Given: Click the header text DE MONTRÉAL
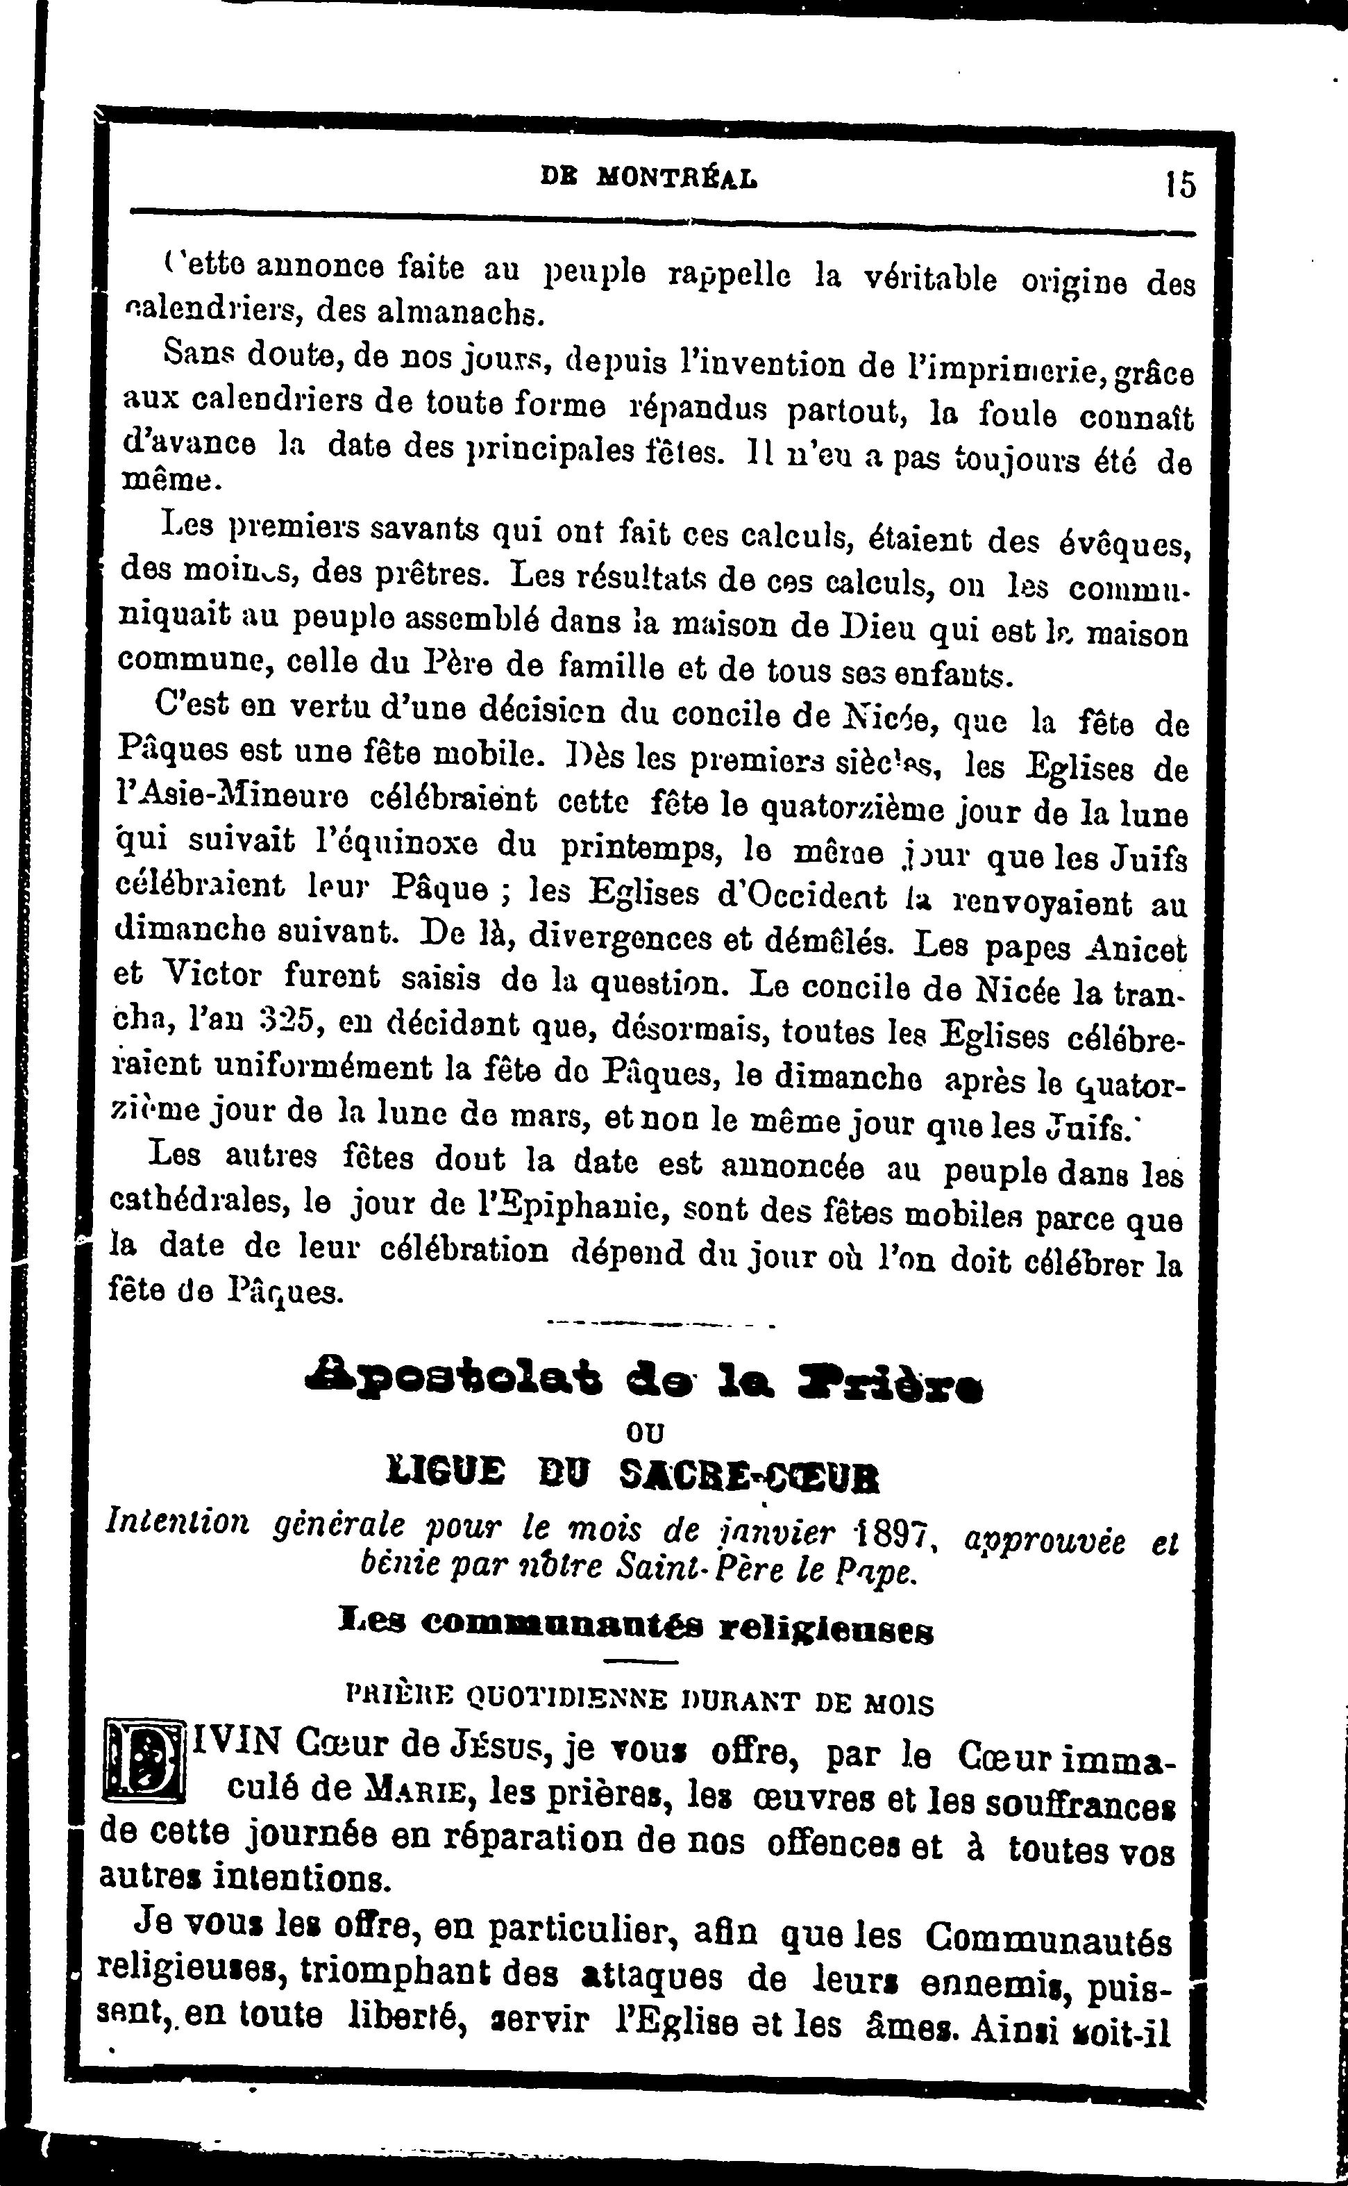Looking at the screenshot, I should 650,178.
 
